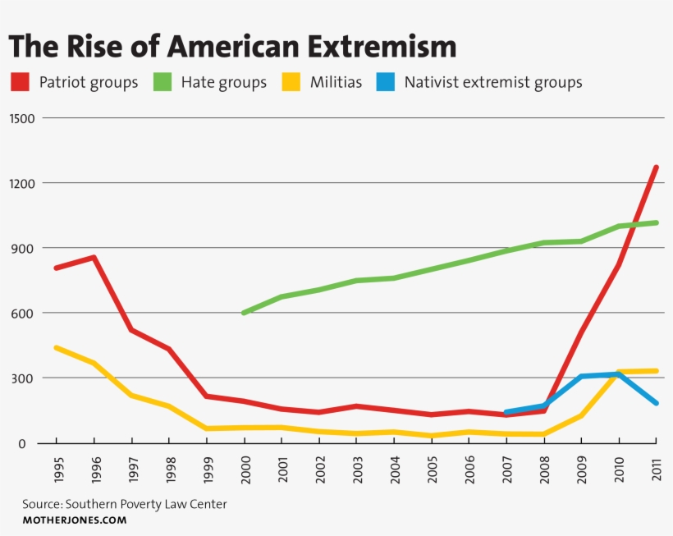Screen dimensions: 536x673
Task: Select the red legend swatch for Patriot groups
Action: [x=20, y=82]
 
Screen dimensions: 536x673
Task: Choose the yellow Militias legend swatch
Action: [x=291, y=82]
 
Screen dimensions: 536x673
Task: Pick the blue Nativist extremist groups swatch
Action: [x=386, y=82]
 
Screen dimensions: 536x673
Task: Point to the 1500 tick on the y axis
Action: [x=22, y=118]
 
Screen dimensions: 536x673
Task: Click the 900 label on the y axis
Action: [x=25, y=248]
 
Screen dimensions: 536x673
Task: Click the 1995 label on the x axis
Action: [x=57, y=470]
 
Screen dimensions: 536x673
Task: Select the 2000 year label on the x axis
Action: [x=244, y=470]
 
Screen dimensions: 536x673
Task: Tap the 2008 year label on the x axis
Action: [x=543, y=470]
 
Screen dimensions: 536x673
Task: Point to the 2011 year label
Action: [x=656, y=470]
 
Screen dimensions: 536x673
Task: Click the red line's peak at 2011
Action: [x=657, y=167]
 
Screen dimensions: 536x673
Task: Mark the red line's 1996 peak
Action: [x=94, y=258]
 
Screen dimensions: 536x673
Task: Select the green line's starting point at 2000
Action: [x=244, y=313]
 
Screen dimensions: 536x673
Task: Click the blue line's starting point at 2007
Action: [x=506, y=412]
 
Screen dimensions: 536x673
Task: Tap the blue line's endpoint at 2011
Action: [x=657, y=403]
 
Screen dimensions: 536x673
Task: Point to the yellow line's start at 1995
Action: [x=57, y=348]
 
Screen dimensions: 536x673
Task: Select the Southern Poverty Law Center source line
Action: [x=124, y=504]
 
